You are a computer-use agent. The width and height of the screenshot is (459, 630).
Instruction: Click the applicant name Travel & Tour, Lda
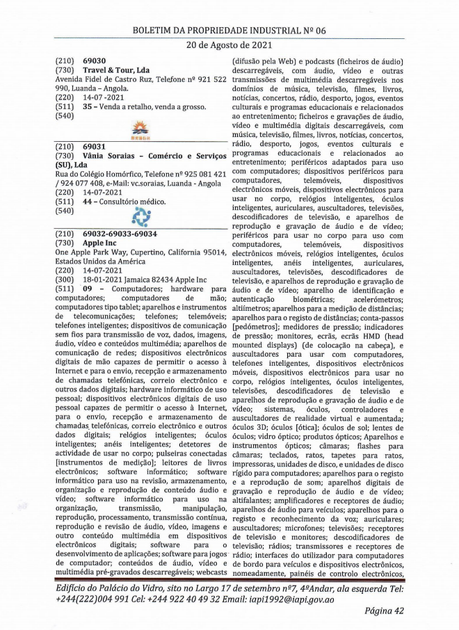tap(116, 70)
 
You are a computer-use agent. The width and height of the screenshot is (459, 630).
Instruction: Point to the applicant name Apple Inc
tap(103, 243)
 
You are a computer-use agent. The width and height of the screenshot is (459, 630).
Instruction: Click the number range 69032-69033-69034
tap(120, 234)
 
